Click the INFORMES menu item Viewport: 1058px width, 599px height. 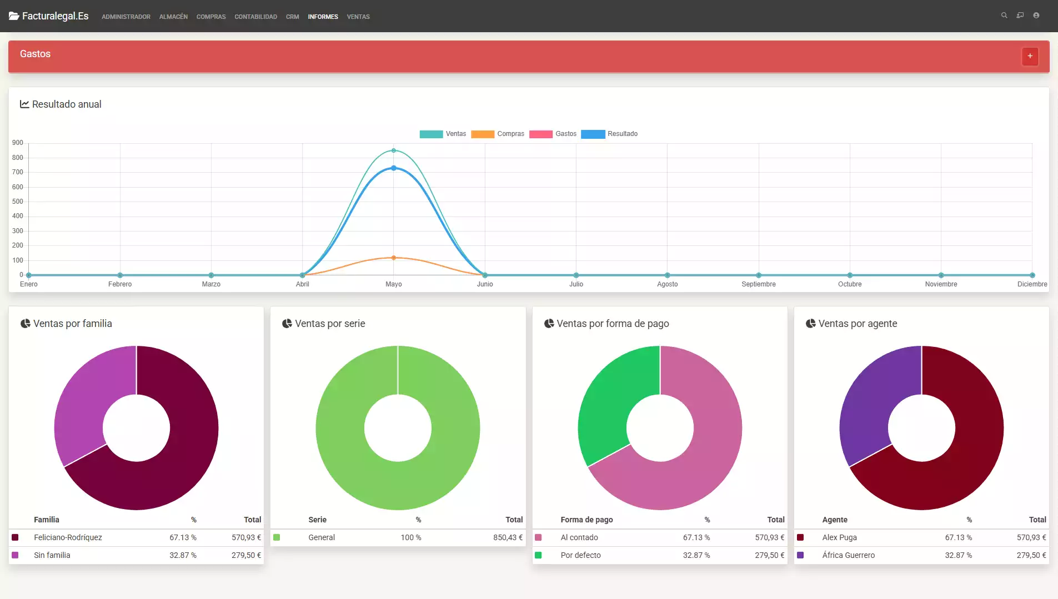pos(323,17)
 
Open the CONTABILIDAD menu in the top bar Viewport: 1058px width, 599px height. pos(255,17)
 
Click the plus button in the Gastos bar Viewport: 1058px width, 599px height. pos(1030,56)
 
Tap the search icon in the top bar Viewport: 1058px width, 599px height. pos(1004,16)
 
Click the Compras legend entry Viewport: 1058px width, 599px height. pos(498,134)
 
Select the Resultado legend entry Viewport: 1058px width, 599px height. pos(609,134)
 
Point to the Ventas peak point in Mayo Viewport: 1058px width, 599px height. pos(394,150)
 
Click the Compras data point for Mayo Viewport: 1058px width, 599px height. pos(394,258)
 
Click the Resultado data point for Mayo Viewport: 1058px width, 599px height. pos(394,168)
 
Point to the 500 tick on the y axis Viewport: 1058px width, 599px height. pos(18,202)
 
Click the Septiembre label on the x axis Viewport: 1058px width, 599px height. pos(758,284)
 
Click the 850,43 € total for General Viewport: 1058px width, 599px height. pos(508,537)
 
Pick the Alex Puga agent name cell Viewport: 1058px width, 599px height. pos(839,537)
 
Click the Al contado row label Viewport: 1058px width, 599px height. pos(579,537)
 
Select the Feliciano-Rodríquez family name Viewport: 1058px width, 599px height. pos(68,537)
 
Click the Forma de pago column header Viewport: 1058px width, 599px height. pos(586,520)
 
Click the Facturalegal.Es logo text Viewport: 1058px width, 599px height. pos(55,16)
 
